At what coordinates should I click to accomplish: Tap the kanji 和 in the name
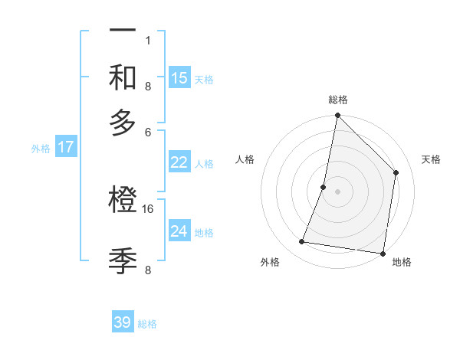pos(123,77)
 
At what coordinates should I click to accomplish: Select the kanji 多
pos(123,123)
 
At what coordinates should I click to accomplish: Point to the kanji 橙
pos(123,201)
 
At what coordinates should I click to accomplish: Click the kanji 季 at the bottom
pos(123,260)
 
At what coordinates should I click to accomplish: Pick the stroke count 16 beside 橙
pos(148,208)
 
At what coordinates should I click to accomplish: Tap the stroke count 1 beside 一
pos(148,40)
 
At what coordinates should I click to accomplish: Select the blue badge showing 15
pos(179,77)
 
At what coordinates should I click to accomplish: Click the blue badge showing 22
pos(179,162)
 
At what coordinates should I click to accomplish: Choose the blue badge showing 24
pos(179,231)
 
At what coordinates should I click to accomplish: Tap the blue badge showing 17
pos(65,147)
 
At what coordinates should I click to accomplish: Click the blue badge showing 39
pos(123,322)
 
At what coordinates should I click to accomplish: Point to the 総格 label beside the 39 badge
pos(148,324)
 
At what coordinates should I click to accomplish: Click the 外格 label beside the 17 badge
pos(41,149)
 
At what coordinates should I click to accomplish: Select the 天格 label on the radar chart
pos(431,159)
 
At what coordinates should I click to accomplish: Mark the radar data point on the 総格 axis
pos(337,116)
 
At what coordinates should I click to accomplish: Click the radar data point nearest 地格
pos(383,253)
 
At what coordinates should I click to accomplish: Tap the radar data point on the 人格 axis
pos(324,186)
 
